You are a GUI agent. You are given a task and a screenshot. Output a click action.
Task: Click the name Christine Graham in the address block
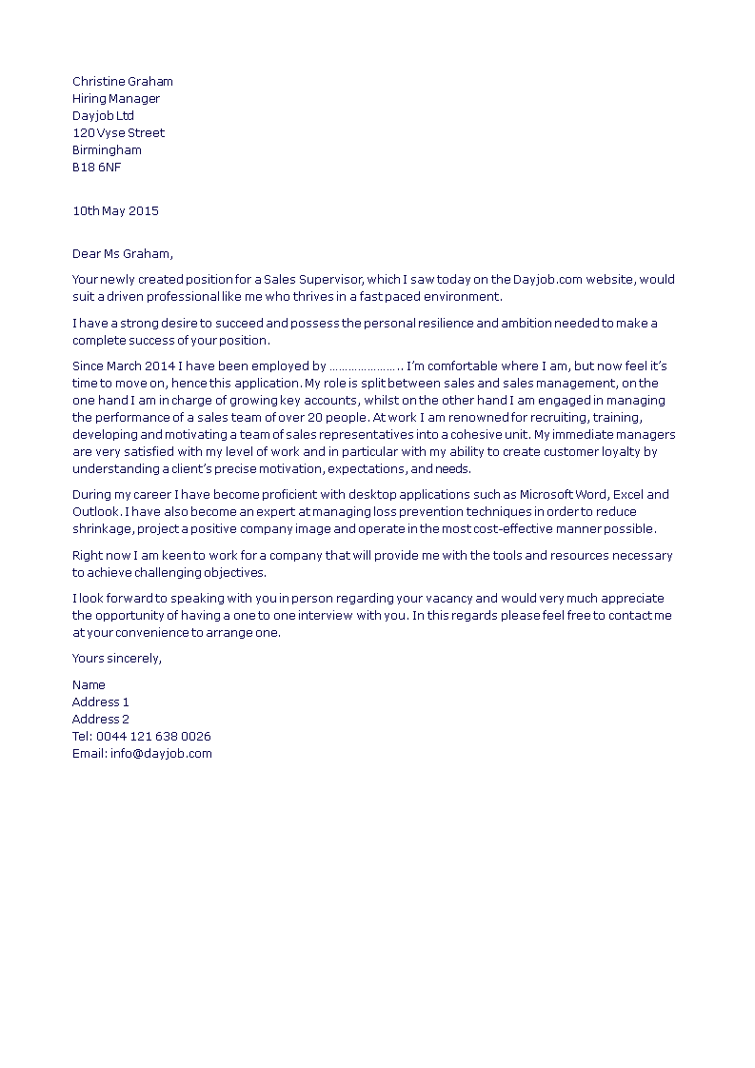pyautogui.click(x=123, y=82)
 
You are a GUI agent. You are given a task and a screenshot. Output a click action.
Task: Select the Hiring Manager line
pyautogui.click(x=116, y=99)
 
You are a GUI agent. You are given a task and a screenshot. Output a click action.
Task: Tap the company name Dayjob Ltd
pyautogui.click(x=103, y=116)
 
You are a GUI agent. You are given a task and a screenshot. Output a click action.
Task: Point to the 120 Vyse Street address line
pyautogui.click(x=118, y=133)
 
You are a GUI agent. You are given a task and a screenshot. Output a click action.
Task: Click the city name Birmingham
pyautogui.click(x=107, y=150)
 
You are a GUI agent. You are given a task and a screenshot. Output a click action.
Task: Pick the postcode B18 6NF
pyautogui.click(x=96, y=168)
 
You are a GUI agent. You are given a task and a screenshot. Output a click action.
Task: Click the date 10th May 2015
pyautogui.click(x=115, y=210)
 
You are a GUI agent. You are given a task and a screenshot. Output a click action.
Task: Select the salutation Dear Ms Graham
pyautogui.click(x=123, y=253)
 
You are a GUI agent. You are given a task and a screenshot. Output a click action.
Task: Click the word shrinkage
pyautogui.click(x=102, y=529)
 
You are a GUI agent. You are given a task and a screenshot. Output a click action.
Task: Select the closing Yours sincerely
pyautogui.click(x=117, y=659)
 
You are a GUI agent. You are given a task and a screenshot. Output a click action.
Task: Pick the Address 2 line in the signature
pyautogui.click(x=101, y=720)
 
